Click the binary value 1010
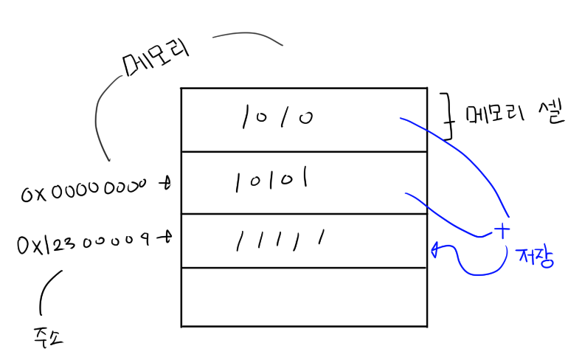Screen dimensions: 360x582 (275, 117)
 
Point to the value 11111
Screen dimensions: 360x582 (280, 239)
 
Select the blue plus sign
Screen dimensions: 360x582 (502, 230)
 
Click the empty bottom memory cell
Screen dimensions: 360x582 (303, 297)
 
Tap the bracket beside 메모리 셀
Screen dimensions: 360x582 (446, 116)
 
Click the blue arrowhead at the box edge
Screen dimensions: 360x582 (434, 249)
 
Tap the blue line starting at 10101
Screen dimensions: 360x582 (443, 218)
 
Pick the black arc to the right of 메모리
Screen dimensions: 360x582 (247, 35)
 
